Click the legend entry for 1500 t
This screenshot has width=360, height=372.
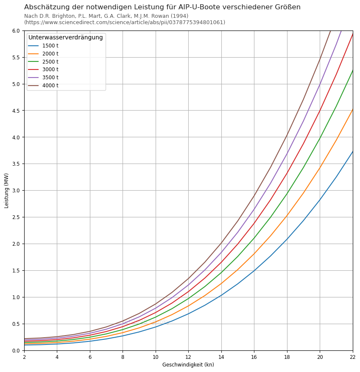coord(50,46)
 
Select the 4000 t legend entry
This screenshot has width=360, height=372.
coord(50,86)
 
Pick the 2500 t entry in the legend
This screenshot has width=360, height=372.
coord(50,62)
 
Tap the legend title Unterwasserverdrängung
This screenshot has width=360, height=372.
coord(66,38)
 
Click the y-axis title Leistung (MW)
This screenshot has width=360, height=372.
coord(7,190)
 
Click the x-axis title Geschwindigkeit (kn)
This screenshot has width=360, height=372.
coord(188,365)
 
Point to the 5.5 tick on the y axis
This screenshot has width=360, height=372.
coord(16,57)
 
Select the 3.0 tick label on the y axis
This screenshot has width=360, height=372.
coord(16,191)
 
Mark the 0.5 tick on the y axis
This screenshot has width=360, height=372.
coord(16,324)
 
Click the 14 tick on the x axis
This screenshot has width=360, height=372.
coord(221,357)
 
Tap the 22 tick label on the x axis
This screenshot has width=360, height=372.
coord(353,357)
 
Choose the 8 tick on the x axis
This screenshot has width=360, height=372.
coord(123,357)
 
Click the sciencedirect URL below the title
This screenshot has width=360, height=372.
coord(125,22)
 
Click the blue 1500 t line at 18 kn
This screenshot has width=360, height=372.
coord(287,239)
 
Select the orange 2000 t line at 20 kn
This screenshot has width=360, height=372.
coord(320,168)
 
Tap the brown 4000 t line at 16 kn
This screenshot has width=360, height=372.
coord(254,195)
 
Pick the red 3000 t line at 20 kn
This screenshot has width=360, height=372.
coord(320,111)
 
